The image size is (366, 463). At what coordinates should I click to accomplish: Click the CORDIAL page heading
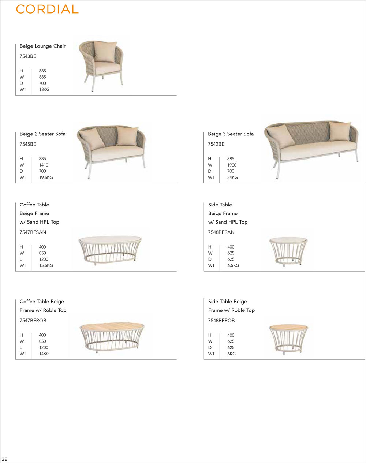(x=47, y=9)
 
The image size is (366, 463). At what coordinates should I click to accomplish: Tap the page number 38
(x=5, y=459)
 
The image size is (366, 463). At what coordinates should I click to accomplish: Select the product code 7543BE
(x=28, y=56)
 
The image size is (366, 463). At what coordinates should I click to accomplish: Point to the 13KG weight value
(x=44, y=89)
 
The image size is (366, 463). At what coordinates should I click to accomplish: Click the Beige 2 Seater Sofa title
(x=42, y=134)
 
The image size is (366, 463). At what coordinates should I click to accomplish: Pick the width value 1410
(x=44, y=165)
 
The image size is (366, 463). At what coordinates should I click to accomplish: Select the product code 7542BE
(x=216, y=144)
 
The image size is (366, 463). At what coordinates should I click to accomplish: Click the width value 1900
(x=232, y=165)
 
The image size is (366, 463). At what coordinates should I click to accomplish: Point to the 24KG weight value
(x=232, y=178)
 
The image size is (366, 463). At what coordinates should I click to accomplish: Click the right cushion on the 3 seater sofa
(x=340, y=131)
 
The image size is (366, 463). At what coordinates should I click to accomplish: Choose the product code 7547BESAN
(x=33, y=232)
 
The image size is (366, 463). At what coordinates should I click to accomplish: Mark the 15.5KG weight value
(x=46, y=266)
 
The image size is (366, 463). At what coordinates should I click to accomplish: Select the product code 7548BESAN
(x=221, y=232)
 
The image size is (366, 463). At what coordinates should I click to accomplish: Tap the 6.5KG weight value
(x=233, y=266)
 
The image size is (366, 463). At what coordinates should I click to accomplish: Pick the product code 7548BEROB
(x=221, y=321)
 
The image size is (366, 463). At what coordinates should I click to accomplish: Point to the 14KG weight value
(x=44, y=354)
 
